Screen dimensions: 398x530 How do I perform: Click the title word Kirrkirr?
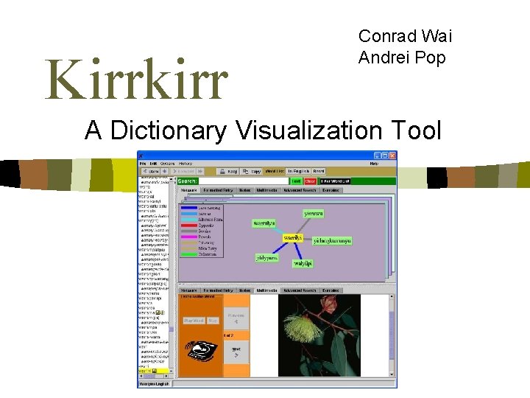click(x=137, y=81)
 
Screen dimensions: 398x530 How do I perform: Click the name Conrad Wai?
click(x=405, y=36)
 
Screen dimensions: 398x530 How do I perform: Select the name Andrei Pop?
click(x=402, y=57)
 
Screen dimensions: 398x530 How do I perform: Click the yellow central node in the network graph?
click(x=294, y=238)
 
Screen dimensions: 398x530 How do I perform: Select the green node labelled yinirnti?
click(x=314, y=214)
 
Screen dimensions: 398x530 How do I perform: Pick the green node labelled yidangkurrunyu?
click(x=332, y=241)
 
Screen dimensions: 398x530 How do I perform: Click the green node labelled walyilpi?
click(x=303, y=263)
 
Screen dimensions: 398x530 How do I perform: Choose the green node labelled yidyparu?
click(x=266, y=258)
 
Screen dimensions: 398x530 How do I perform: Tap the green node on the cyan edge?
click(x=264, y=223)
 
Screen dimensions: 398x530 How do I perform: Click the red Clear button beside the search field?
click(x=310, y=181)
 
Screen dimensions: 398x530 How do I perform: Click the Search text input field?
click(x=243, y=181)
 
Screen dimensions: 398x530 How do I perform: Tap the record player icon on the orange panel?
click(x=201, y=352)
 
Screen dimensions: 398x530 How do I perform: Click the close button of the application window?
click(x=392, y=156)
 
